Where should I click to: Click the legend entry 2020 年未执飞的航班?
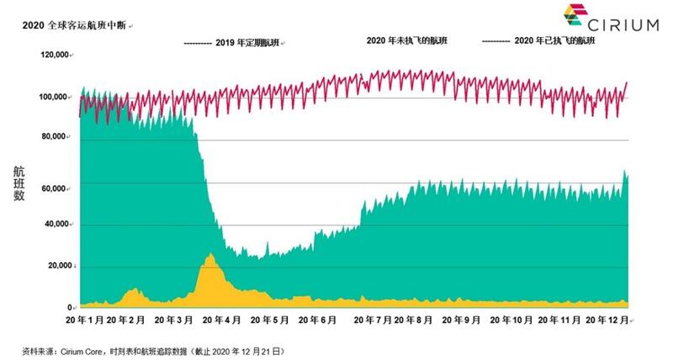[406, 40]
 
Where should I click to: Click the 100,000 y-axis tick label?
[54, 97]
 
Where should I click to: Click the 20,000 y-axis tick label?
[59, 267]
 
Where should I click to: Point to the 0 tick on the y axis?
[70, 307]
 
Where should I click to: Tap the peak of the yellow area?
[210, 254]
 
